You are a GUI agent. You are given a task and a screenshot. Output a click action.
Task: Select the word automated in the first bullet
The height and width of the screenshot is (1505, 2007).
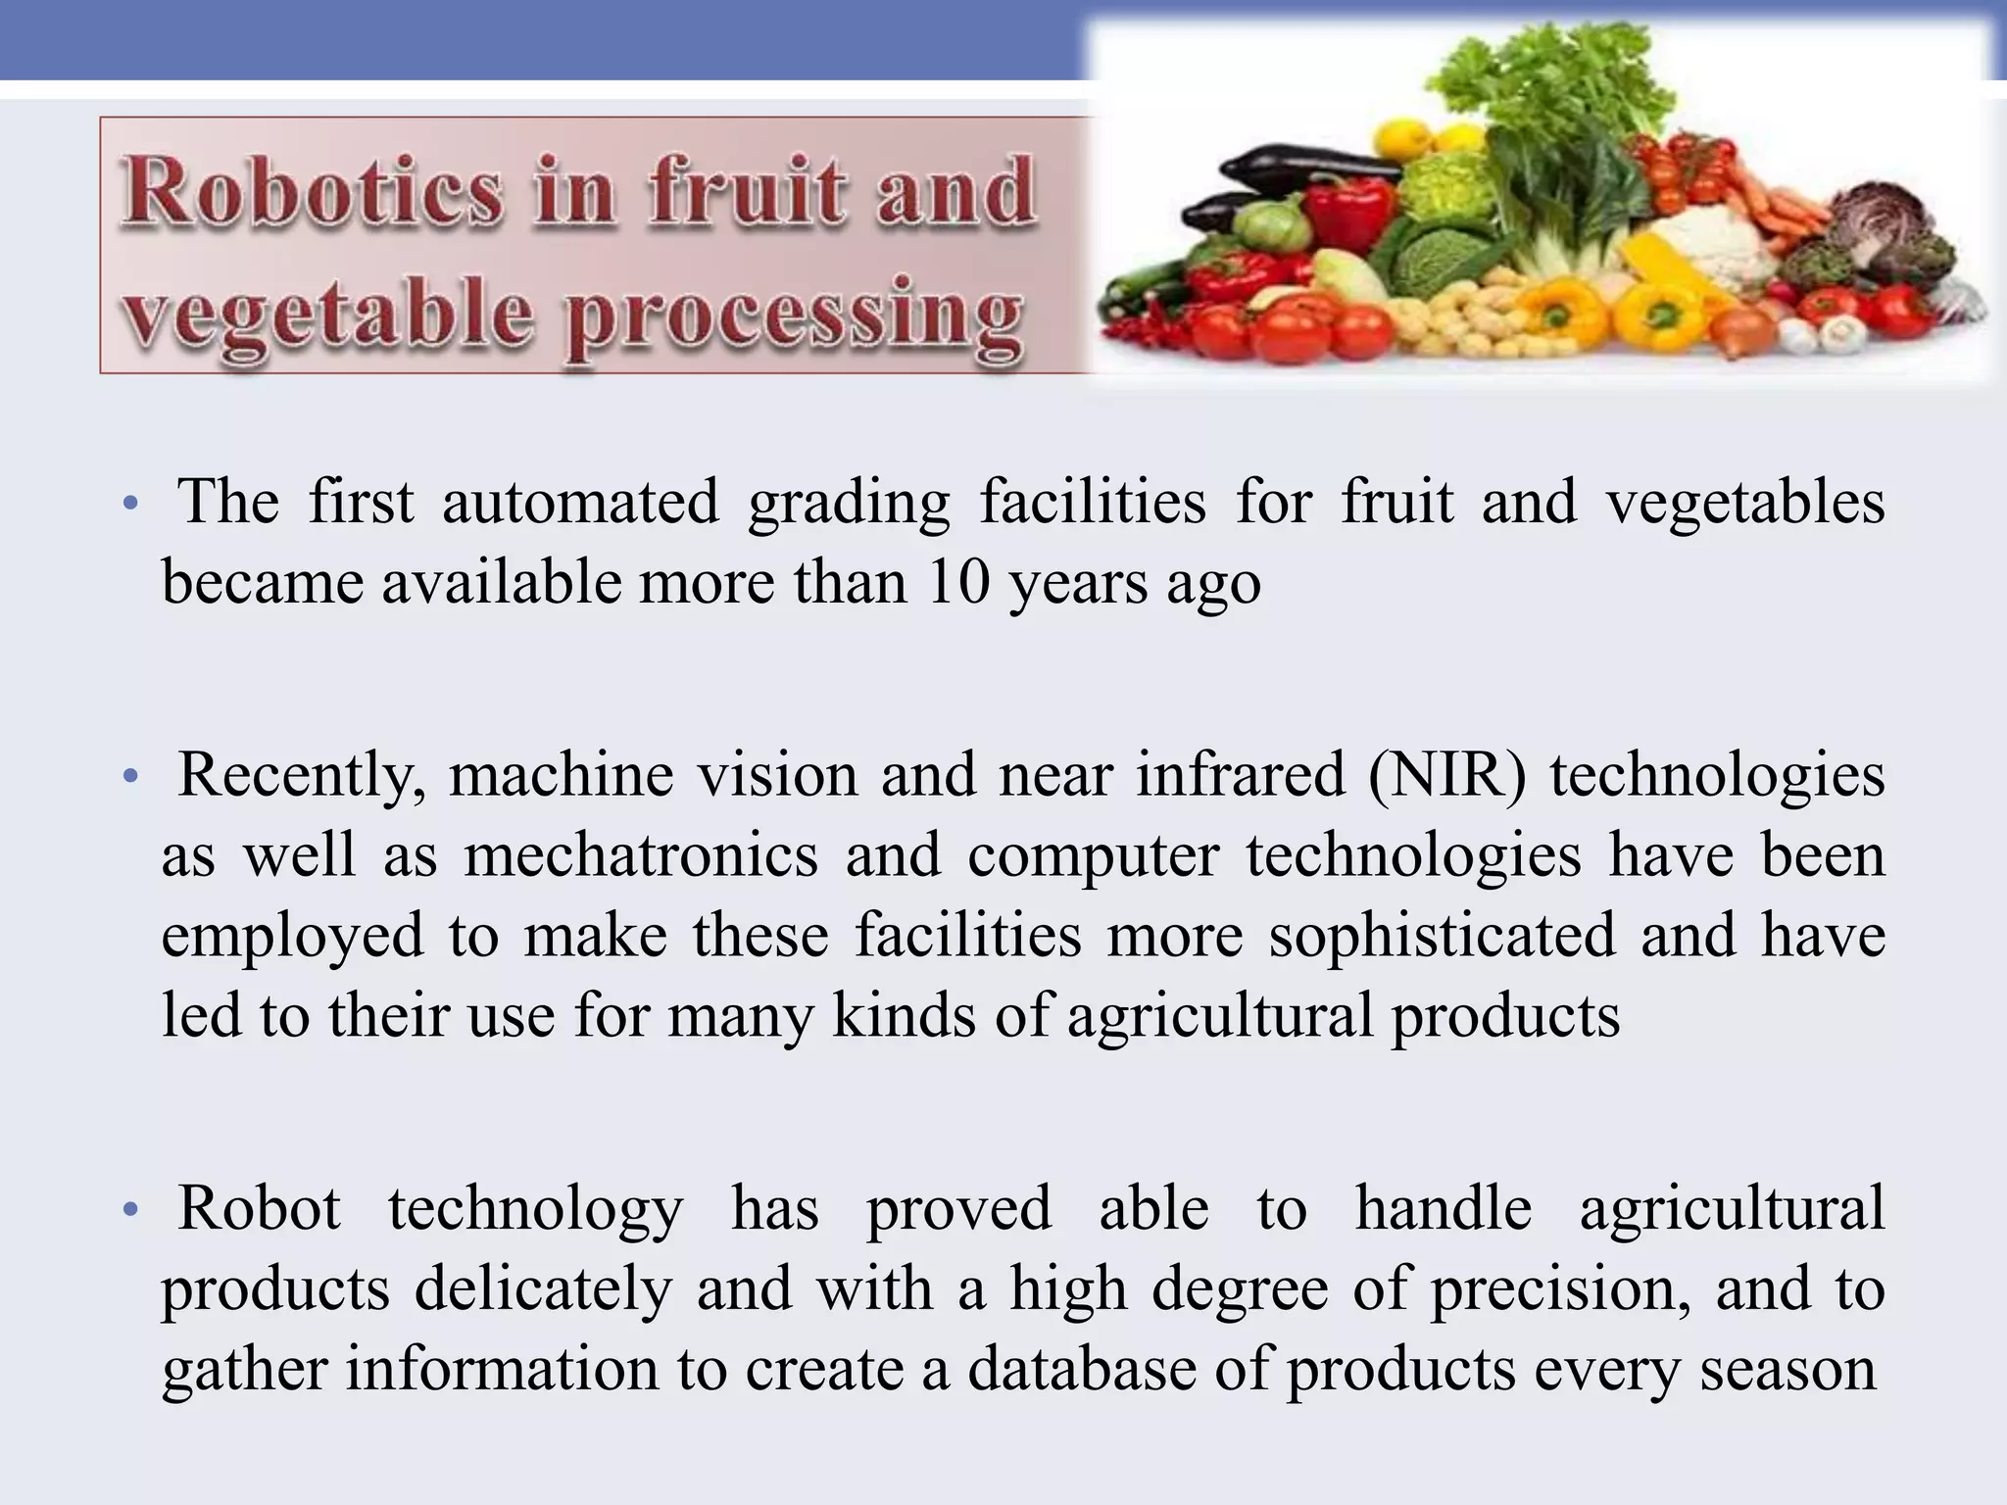[580, 502]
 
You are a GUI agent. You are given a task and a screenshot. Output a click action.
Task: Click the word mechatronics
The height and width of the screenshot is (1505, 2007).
[641, 854]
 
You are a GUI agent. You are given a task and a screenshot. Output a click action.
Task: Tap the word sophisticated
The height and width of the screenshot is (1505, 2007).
[1442, 935]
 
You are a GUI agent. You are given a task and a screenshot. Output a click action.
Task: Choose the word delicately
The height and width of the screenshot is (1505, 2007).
[543, 1288]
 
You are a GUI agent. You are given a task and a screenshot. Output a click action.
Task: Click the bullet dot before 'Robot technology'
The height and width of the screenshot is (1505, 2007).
[128, 1210]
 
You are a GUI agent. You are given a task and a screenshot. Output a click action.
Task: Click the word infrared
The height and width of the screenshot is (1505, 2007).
[1241, 775]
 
